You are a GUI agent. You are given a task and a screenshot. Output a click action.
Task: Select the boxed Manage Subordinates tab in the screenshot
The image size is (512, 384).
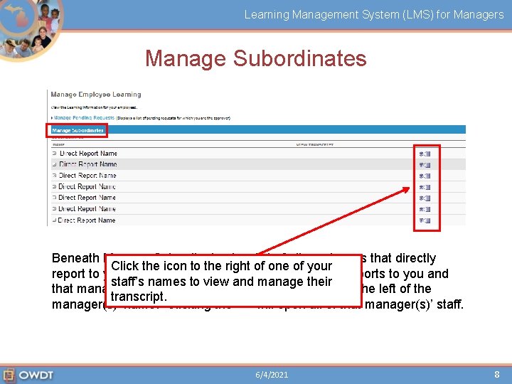point(78,130)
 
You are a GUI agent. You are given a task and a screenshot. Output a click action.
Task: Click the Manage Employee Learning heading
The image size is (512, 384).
point(96,95)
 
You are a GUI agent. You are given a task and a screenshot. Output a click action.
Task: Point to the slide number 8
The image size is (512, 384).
point(497,374)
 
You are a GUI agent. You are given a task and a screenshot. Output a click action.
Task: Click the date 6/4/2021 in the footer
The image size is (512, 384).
point(272,374)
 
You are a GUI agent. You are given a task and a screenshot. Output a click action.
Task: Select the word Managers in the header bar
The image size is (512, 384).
point(480,14)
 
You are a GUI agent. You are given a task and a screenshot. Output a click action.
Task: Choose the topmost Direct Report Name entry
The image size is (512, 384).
point(87,153)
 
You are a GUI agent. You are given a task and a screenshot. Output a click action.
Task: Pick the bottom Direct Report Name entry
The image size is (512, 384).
point(87,220)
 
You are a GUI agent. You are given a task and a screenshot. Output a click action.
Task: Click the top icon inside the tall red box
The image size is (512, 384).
point(425,154)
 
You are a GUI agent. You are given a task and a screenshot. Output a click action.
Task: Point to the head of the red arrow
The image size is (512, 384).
point(408,188)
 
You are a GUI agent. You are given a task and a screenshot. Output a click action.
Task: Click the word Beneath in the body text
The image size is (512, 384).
point(75,258)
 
